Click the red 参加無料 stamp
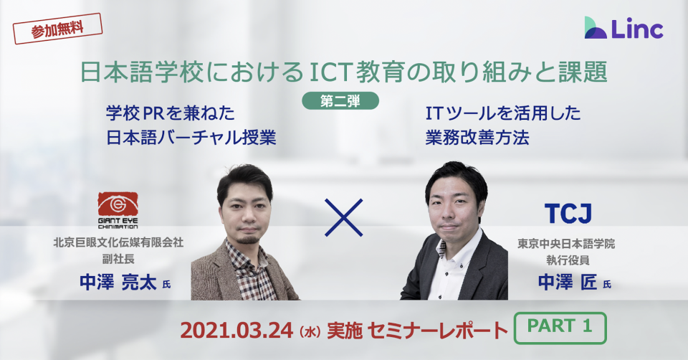click(x=57, y=29)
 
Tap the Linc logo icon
click(x=596, y=28)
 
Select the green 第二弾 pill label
click(x=340, y=101)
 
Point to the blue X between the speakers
click(x=343, y=218)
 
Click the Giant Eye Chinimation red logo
click(x=118, y=210)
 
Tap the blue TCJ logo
click(x=568, y=214)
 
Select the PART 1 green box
click(x=560, y=328)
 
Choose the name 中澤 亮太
click(x=118, y=283)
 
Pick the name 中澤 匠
click(x=568, y=283)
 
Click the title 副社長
click(x=118, y=259)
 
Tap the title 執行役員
click(x=568, y=260)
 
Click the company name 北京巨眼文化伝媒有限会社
click(x=118, y=242)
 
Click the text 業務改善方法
click(x=477, y=138)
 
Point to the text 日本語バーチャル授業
click(x=191, y=138)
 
